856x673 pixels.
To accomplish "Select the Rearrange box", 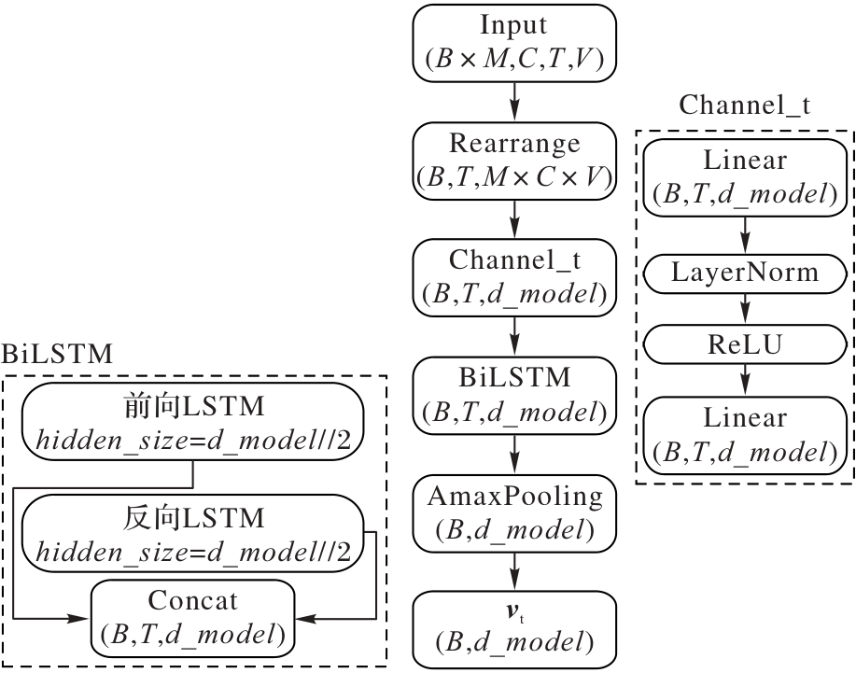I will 514,158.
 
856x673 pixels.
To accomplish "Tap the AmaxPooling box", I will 514,511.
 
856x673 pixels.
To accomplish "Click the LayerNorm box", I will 745,273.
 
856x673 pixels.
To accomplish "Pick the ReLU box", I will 745,345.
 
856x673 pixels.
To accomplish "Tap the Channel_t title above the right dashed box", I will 744,105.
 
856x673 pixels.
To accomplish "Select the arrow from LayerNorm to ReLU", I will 745,309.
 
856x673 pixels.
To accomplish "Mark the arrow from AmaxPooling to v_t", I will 514,568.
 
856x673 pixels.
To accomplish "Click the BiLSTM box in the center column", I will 514,393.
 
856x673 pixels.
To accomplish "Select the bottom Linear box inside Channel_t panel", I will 745,434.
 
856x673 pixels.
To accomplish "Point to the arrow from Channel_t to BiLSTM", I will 514,334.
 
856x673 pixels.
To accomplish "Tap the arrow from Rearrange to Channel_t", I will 514,217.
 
